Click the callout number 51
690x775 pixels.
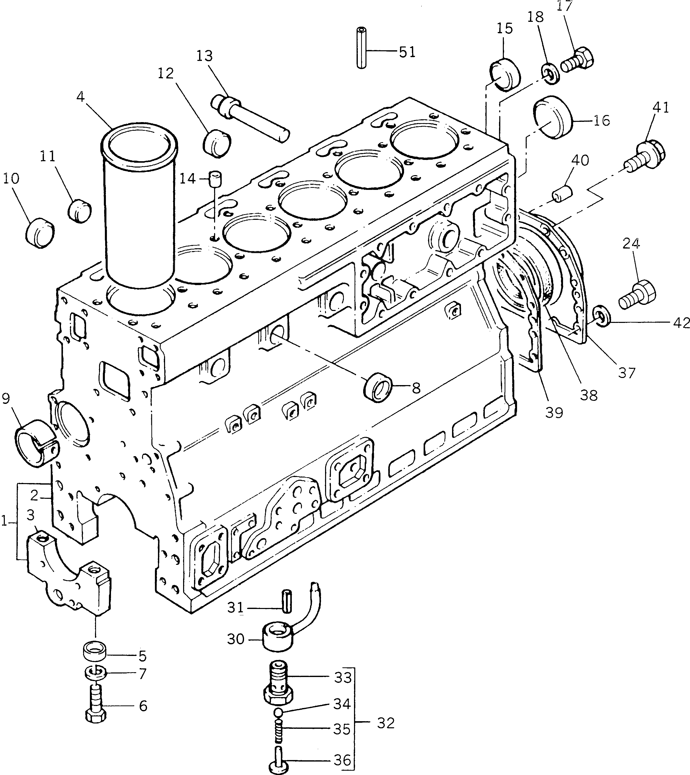pos(407,52)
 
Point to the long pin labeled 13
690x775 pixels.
pos(250,118)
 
